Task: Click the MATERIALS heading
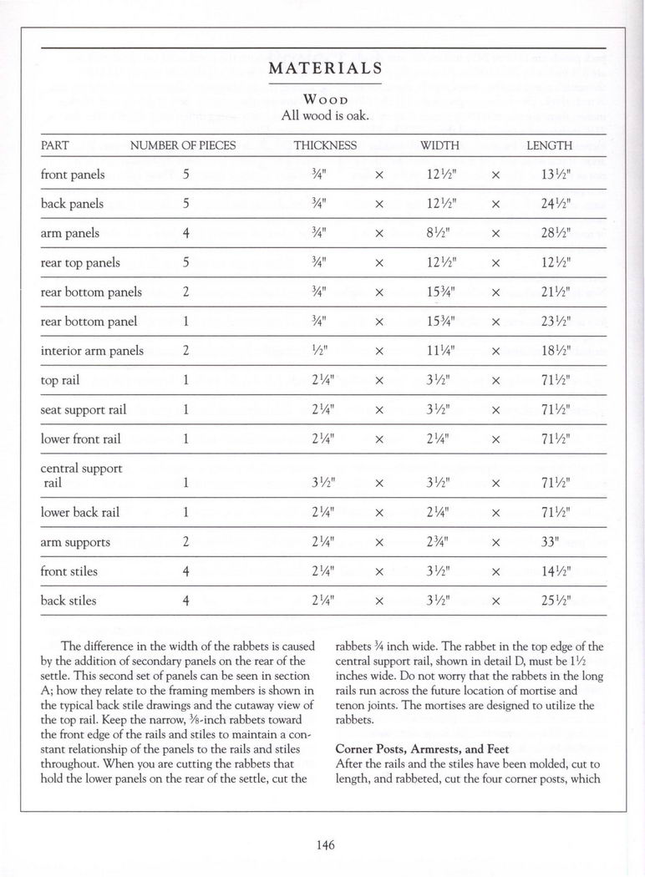[x=325, y=68]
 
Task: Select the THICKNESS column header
[x=325, y=145]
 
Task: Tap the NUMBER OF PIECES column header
[x=183, y=145]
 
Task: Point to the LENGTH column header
[x=549, y=145]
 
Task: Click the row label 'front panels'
[x=73, y=175]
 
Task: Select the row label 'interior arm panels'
[x=92, y=351]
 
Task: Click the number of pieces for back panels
[x=186, y=204]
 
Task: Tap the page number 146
[x=325, y=845]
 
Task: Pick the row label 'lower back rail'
[x=79, y=512]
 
